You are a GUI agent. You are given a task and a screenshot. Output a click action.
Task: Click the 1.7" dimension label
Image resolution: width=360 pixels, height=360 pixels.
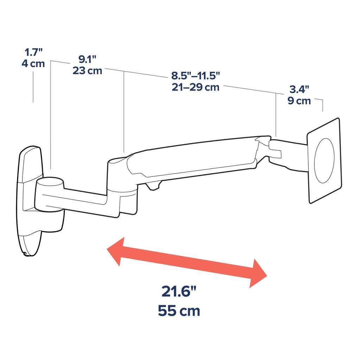coord(33,53)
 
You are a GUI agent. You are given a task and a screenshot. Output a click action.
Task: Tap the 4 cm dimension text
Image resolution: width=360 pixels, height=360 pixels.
coord(33,64)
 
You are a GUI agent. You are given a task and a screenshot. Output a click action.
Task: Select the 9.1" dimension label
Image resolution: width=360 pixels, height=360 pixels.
coord(87,59)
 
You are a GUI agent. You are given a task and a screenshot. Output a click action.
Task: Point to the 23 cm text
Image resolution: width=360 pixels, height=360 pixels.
coord(87,70)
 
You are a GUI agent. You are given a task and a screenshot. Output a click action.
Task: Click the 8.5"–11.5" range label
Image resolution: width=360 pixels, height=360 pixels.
coord(195,76)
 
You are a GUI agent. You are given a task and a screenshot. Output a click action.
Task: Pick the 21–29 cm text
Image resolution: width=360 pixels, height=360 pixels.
coord(195,87)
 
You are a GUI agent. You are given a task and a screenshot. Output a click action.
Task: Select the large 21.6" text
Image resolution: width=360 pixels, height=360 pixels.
coord(179,292)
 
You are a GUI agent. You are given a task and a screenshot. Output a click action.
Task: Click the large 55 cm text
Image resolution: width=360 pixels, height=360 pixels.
coord(179,311)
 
